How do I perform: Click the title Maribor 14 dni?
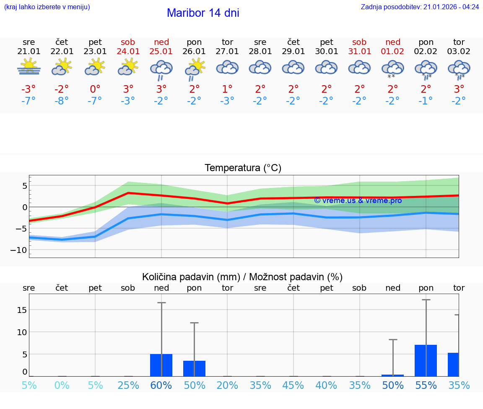[x=203, y=13]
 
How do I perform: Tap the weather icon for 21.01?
[x=29, y=67]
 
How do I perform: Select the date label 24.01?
[x=128, y=52]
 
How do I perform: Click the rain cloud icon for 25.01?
[x=161, y=70]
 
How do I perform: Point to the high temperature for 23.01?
[x=95, y=89]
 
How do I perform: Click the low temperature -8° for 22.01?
[x=62, y=101]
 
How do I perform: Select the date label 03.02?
[x=459, y=52]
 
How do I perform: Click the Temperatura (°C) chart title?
[x=243, y=168]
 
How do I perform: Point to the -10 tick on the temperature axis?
[x=19, y=250]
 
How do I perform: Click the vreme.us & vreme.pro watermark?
[x=358, y=201]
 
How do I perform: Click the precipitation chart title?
[x=242, y=277]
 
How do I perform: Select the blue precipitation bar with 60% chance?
[x=161, y=365]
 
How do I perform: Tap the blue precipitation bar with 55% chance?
[x=426, y=360]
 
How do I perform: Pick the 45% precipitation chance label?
[x=293, y=385]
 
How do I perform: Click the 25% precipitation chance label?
[x=128, y=385]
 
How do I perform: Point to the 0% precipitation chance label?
[x=62, y=385]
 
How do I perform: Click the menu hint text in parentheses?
[x=47, y=7]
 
